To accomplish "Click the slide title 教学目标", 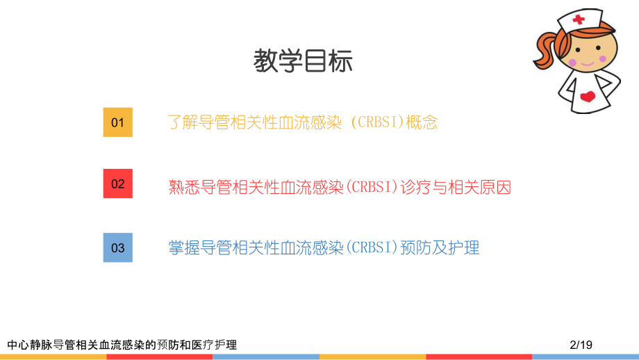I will [303, 62].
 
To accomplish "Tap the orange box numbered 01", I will [117, 122].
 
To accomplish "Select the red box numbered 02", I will [117, 183].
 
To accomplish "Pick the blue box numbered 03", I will [117, 247].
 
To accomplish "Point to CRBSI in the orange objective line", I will [378, 122].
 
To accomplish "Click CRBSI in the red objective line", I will [371, 186].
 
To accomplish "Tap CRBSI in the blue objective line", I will [371, 247].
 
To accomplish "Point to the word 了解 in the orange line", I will [183, 122].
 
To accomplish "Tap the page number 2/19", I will [580, 344].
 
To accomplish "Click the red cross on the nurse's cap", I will [578, 19].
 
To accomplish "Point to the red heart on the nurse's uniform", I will [587, 96].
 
